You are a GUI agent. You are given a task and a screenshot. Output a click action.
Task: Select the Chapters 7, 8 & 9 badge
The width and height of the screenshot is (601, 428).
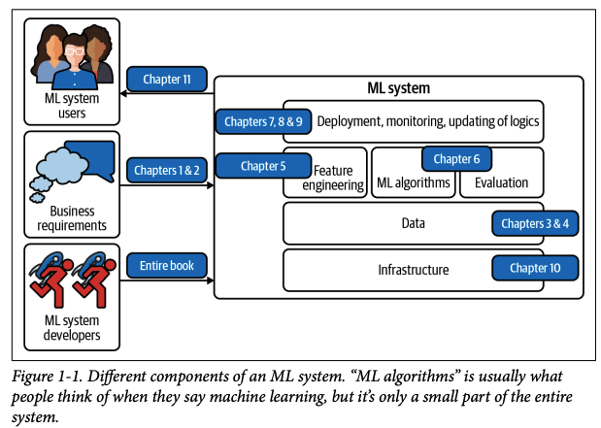[x=250, y=121]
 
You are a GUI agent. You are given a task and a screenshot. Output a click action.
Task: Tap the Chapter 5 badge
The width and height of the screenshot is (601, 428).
[x=262, y=166]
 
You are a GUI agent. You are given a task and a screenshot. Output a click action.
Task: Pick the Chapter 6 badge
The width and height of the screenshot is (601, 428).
[x=456, y=158]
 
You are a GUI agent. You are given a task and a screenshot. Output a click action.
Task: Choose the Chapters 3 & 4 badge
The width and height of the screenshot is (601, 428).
[x=535, y=224]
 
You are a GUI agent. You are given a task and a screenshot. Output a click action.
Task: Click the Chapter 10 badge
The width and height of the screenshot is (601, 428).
[x=535, y=268]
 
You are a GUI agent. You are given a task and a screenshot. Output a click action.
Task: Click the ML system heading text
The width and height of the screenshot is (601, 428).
[x=398, y=88]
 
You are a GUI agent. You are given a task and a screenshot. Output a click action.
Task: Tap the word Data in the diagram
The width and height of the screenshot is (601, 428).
[x=414, y=224]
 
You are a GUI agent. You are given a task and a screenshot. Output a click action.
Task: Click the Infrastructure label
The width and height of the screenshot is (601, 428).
[x=414, y=269]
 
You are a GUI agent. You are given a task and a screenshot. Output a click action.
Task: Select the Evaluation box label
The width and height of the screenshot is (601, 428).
[x=501, y=182]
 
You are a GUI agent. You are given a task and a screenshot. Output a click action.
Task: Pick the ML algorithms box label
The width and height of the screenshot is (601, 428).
[x=413, y=182]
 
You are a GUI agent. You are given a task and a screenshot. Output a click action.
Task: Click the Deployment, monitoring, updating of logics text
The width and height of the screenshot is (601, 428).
[x=428, y=122]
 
